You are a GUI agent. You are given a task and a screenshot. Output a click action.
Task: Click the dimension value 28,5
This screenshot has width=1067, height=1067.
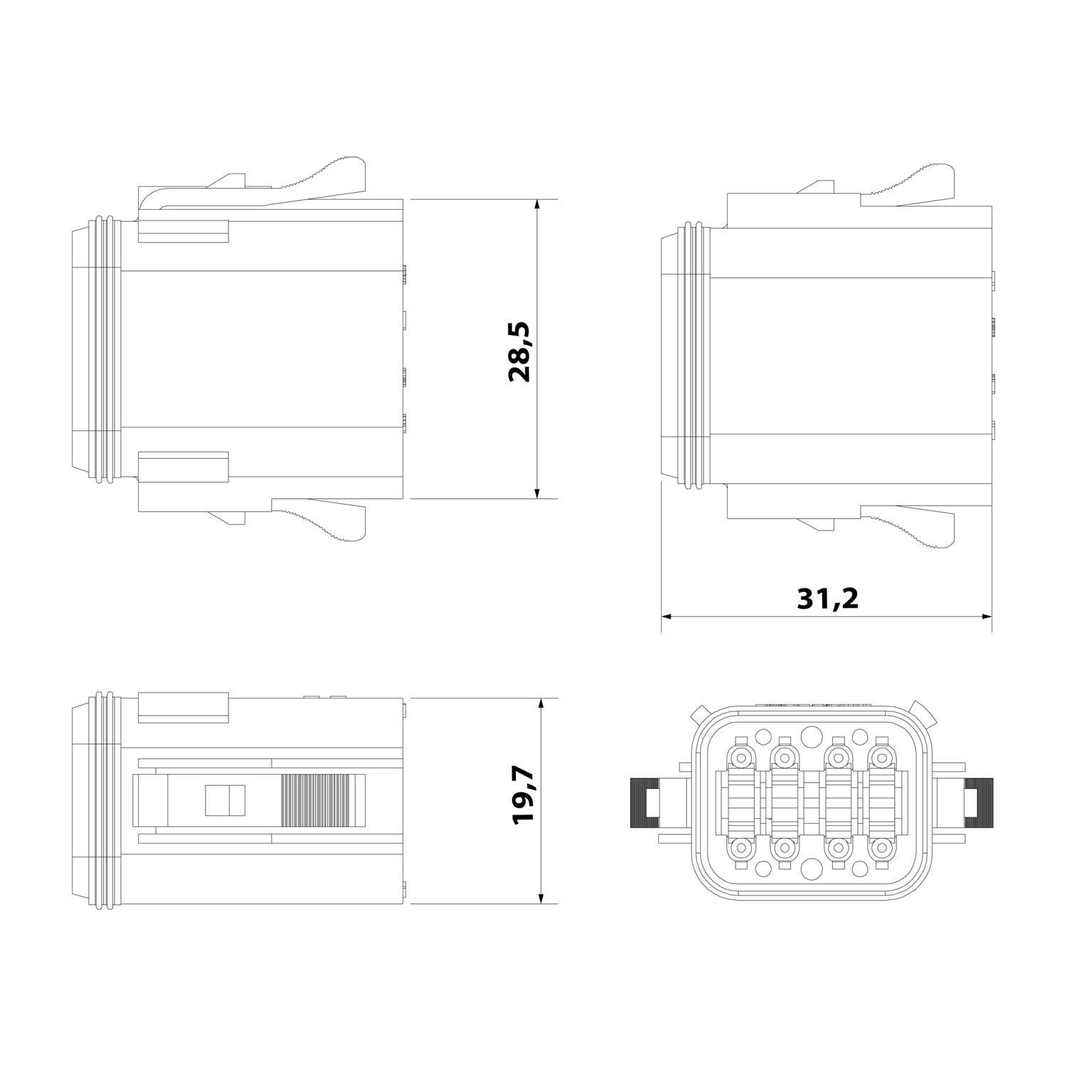[x=520, y=351]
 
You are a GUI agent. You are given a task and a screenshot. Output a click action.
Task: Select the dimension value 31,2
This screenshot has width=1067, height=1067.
[x=828, y=598]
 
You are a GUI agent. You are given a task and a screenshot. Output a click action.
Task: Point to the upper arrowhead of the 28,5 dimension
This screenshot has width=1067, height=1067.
[x=537, y=205]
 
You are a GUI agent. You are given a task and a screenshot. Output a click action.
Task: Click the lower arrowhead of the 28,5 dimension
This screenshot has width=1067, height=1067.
[x=537, y=493]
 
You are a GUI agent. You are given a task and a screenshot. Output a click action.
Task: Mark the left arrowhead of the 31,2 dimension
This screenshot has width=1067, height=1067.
[x=667, y=616]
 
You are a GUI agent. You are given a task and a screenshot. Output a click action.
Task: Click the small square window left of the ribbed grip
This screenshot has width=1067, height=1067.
[x=224, y=800]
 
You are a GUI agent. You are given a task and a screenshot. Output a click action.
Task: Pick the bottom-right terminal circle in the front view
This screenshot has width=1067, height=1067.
[x=881, y=848]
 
